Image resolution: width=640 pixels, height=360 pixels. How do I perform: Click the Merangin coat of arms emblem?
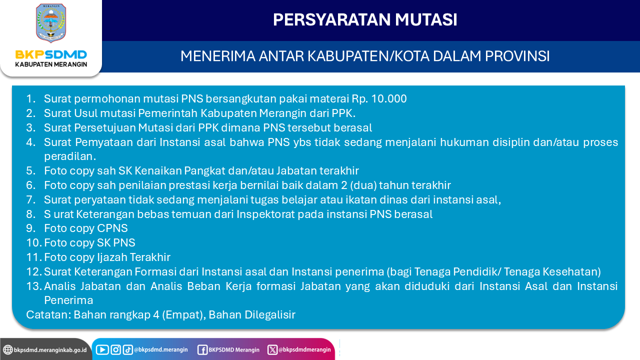click(x=51, y=23)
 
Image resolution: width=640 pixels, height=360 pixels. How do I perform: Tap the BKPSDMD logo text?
click(x=51, y=54)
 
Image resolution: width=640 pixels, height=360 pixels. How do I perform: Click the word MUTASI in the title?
click(x=426, y=19)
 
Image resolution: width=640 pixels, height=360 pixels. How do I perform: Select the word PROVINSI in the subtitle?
click(x=517, y=56)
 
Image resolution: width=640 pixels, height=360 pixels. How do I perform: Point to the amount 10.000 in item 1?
click(x=389, y=98)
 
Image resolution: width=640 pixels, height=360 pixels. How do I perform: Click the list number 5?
click(x=30, y=170)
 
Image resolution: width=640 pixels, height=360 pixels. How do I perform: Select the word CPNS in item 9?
click(x=112, y=228)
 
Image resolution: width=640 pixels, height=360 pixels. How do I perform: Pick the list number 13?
click(x=34, y=286)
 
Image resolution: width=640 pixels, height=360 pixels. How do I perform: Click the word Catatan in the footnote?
click(x=48, y=314)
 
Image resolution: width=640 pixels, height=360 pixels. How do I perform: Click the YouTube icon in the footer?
click(x=102, y=349)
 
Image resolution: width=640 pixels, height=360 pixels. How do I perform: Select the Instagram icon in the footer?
click(x=115, y=349)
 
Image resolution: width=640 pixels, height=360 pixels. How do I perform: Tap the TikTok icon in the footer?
click(x=127, y=349)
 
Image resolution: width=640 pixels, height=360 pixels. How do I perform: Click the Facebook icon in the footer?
click(x=202, y=350)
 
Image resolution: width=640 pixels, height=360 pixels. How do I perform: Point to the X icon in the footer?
click(x=272, y=349)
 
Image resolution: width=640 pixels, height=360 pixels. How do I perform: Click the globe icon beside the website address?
click(x=7, y=349)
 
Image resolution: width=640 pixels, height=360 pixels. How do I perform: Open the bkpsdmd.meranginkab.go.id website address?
click(x=50, y=350)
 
